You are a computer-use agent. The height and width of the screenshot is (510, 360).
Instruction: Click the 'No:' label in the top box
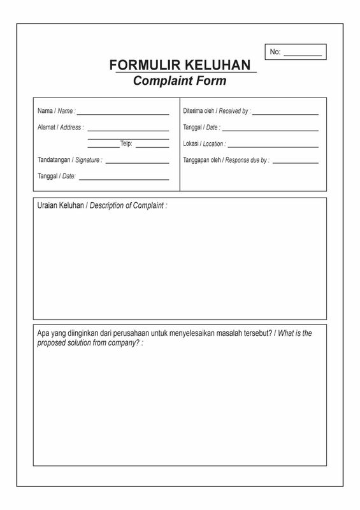[275, 52]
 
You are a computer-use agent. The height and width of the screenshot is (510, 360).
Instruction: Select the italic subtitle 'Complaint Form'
[180, 81]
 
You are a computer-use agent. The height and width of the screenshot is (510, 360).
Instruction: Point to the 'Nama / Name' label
[56, 111]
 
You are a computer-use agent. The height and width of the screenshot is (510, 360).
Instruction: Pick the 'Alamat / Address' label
[61, 127]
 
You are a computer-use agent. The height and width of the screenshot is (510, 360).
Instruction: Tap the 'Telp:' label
[126, 144]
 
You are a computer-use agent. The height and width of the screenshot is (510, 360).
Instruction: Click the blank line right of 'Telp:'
[152, 147]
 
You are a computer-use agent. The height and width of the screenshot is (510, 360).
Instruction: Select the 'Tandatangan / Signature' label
[69, 160]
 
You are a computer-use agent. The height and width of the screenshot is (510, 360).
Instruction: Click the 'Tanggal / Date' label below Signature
[57, 176]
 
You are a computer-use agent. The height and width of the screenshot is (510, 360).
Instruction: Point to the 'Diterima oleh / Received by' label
[217, 111]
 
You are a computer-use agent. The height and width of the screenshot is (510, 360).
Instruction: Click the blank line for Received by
[285, 114]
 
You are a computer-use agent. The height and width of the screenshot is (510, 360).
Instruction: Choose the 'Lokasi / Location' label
[204, 144]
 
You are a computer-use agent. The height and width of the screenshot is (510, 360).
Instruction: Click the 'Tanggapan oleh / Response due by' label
[226, 161]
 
